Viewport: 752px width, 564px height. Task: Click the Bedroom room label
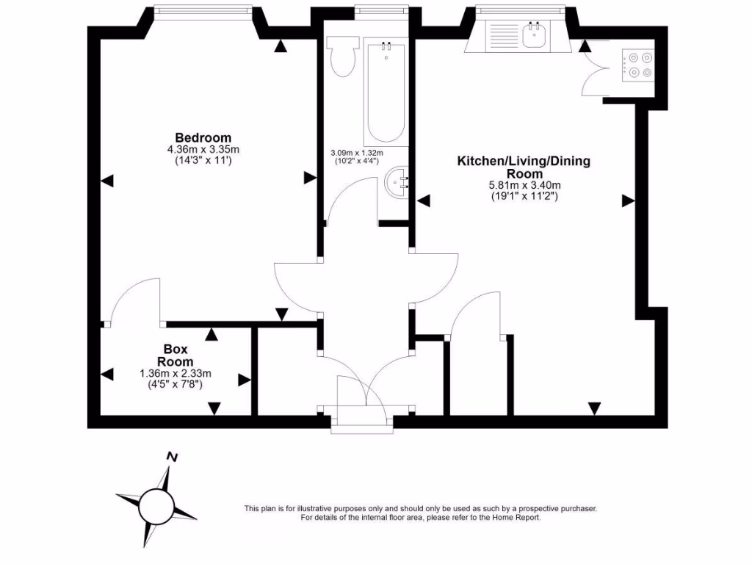pyautogui.click(x=203, y=137)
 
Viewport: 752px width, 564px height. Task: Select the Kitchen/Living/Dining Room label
pyautogui.click(x=524, y=167)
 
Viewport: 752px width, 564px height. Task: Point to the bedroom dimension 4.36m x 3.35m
pyautogui.click(x=203, y=149)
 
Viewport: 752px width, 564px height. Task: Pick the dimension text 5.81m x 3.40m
pyautogui.click(x=524, y=185)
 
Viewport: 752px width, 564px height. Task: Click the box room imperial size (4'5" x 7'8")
pyautogui.click(x=176, y=383)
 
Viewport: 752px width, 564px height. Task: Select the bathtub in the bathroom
pyautogui.click(x=386, y=92)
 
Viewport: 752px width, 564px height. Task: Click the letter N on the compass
pyautogui.click(x=173, y=457)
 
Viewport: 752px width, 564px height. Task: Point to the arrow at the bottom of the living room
pyautogui.click(x=594, y=408)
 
